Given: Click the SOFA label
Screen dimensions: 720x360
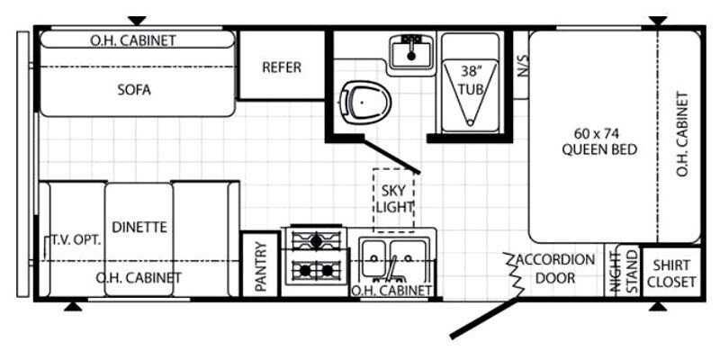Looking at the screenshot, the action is click(x=134, y=89).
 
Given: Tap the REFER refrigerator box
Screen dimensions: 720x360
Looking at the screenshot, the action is click(x=282, y=65).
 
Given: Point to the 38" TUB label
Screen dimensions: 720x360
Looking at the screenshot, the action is click(x=470, y=80).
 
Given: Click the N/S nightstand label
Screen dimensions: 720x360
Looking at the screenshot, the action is click(x=522, y=66).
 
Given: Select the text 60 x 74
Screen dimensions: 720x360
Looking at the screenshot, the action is click(x=597, y=134).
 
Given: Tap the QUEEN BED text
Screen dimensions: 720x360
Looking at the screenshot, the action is click(x=599, y=149).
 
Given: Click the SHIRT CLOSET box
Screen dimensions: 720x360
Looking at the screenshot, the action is click(x=671, y=273).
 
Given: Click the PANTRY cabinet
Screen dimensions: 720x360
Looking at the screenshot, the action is click(x=260, y=265).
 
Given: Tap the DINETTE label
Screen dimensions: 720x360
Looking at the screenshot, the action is click(x=139, y=227).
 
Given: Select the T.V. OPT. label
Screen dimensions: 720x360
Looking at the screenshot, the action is click(x=76, y=239).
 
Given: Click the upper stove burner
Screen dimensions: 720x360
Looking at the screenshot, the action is click(x=317, y=240).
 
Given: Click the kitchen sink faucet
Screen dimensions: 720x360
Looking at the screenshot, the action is click(x=391, y=269).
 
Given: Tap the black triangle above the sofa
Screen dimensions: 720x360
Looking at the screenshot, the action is click(x=137, y=21).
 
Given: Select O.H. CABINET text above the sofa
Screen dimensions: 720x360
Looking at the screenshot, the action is click(x=133, y=40).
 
